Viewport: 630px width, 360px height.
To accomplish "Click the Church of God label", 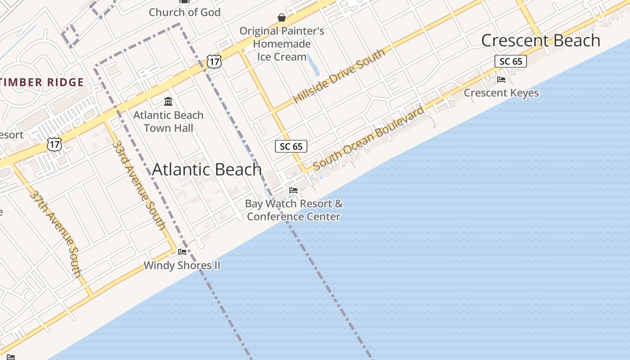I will pyautogui.click(x=184, y=12).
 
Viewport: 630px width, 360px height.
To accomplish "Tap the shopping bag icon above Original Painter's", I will pyautogui.click(x=282, y=18).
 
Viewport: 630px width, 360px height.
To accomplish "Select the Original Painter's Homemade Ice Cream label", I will pyautogui.click(x=282, y=44).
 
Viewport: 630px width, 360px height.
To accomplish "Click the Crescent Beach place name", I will pyautogui.click(x=540, y=40).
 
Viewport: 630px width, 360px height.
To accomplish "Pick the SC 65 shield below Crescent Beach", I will pyautogui.click(x=511, y=61).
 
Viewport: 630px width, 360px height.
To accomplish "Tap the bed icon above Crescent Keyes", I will pyautogui.click(x=501, y=80).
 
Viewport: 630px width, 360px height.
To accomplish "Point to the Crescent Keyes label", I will pyautogui.click(x=501, y=93).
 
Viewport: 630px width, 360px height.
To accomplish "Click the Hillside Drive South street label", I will pyautogui.click(x=339, y=76).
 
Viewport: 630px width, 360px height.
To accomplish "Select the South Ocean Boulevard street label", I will pyautogui.click(x=369, y=138).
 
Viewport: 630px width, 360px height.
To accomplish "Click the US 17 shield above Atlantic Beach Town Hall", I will pyautogui.click(x=214, y=62).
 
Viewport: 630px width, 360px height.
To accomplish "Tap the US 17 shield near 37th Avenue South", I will pyautogui.click(x=54, y=144).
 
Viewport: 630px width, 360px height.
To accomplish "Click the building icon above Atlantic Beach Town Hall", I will pyautogui.click(x=168, y=102).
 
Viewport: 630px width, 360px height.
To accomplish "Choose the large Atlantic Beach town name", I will pyautogui.click(x=207, y=170).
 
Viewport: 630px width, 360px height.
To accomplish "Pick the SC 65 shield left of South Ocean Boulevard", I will pyautogui.click(x=291, y=146).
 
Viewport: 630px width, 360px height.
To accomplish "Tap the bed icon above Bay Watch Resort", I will pyautogui.click(x=293, y=190).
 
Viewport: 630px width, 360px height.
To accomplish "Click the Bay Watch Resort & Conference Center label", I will pyautogui.click(x=294, y=210).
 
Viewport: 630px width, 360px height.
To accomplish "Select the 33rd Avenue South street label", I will pyautogui.click(x=139, y=185).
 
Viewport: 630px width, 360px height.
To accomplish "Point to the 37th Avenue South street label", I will pyautogui.click(x=55, y=233).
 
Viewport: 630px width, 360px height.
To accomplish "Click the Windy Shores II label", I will pyautogui.click(x=182, y=265).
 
